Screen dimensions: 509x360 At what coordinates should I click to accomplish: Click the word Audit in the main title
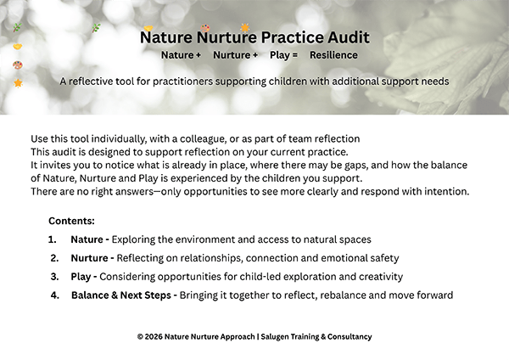[x=349, y=37]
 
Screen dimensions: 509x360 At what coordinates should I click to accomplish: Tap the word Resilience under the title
[x=333, y=55]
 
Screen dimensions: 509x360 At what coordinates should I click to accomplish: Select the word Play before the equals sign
[x=280, y=55]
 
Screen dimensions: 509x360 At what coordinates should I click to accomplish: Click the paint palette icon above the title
[x=205, y=28]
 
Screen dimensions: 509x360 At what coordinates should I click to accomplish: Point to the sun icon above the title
[x=245, y=28]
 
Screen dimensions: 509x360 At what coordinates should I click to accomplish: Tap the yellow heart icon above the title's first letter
[x=148, y=28]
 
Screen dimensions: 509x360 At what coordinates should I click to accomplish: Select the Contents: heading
[x=71, y=221]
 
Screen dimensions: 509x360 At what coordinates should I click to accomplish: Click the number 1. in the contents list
[x=53, y=239]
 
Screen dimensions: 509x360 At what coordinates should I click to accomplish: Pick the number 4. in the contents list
[x=55, y=295]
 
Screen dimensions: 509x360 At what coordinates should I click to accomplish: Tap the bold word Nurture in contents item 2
[x=90, y=258]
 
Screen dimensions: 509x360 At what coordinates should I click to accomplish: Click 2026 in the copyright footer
[x=154, y=336]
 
